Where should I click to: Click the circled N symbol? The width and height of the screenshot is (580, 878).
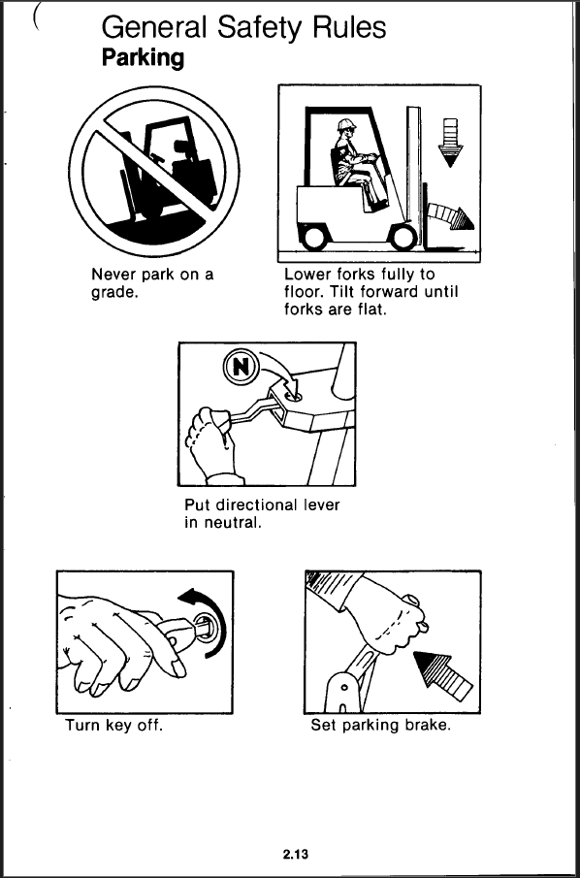click(241, 367)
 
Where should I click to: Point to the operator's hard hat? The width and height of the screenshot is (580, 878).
click(346, 124)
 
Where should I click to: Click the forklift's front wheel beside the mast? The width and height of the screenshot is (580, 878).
click(404, 236)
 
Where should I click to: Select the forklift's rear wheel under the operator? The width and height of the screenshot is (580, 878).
click(314, 236)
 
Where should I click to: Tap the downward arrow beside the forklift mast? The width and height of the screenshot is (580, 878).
click(450, 143)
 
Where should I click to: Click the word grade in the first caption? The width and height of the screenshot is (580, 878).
click(113, 293)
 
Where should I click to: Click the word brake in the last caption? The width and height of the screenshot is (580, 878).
click(430, 726)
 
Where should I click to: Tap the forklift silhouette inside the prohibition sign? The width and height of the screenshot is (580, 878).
click(168, 171)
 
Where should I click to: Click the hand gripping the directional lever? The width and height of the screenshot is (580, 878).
click(213, 444)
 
